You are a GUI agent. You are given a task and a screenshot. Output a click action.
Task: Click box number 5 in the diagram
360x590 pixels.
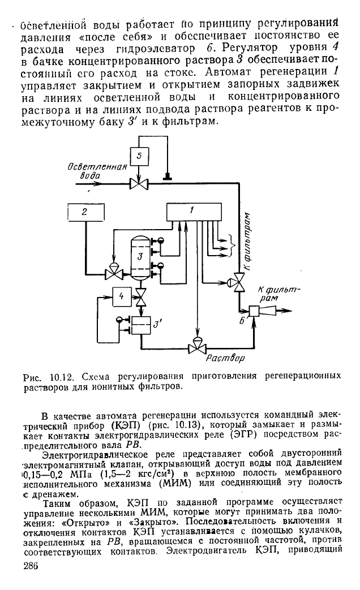point(139,156)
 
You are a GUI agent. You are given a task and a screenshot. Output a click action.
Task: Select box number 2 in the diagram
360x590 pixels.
point(86,212)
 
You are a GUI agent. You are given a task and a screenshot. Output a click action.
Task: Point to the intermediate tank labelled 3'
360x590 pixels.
point(140,324)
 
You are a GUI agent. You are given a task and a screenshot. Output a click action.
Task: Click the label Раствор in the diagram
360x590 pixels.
point(225,358)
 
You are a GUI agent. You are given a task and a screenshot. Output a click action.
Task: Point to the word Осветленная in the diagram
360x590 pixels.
point(97,167)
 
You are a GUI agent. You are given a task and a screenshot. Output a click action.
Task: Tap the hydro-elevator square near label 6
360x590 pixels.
point(255,311)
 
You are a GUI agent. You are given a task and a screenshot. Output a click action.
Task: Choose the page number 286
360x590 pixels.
point(31,566)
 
